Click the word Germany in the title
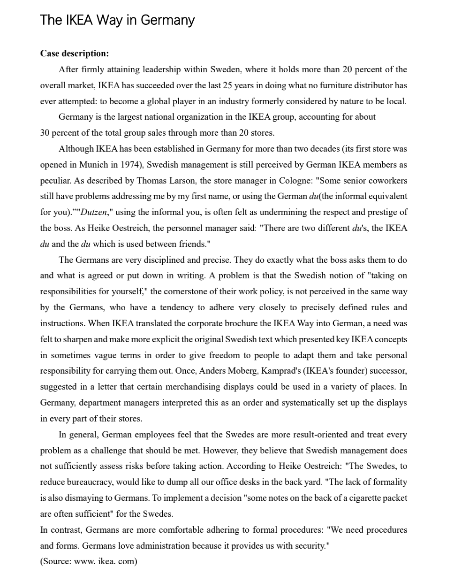(167, 20)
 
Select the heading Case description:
(74, 54)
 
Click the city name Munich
(93, 165)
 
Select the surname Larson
(182, 181)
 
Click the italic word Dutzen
(94, 212)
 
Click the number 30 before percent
(45, 133)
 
